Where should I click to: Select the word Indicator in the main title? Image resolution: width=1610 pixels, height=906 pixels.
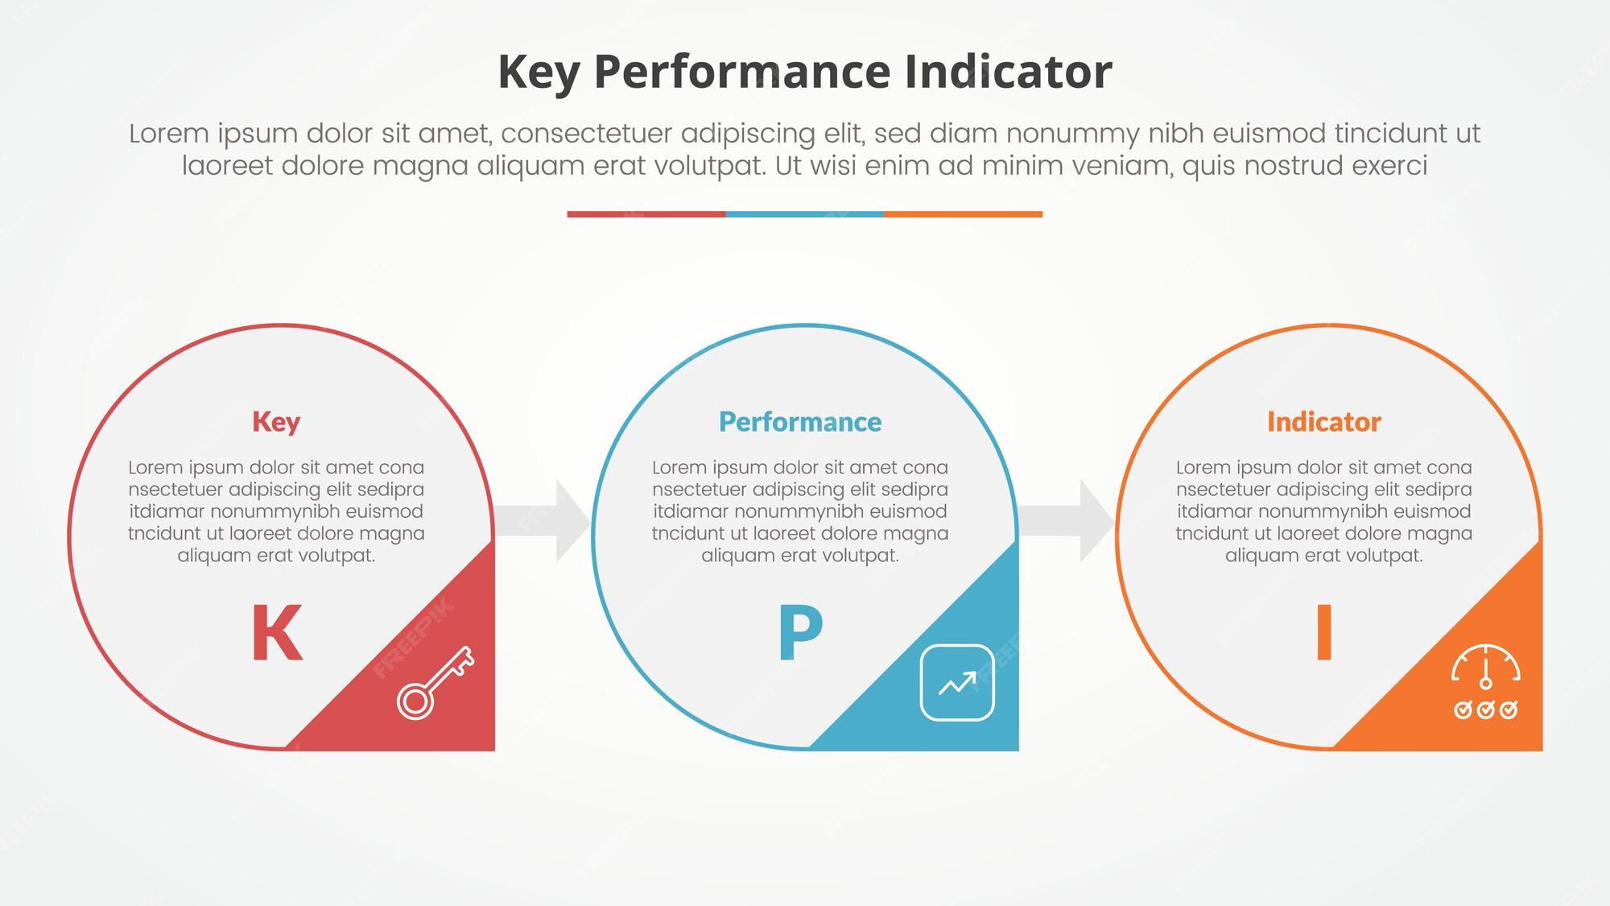[x=1009, y=72]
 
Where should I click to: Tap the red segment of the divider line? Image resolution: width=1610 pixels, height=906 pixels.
[x=646, y=214]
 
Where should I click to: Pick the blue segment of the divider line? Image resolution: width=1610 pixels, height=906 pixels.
[x=805, y=214]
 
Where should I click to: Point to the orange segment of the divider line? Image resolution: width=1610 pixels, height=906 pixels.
[x=964, y=214]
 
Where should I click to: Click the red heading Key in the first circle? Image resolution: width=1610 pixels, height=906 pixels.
[x=276, y=423]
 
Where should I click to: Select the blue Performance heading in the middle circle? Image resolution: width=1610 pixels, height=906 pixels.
[x=800, y=422]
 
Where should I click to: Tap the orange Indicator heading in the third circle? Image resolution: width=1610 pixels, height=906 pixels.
[x=1324, y=422]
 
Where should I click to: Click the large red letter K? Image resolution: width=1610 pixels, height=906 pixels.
[x=277, y=633]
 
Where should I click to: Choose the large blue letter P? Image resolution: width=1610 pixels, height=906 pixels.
[x=800, y=633]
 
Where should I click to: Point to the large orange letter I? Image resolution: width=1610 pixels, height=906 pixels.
[x=1324, y=633]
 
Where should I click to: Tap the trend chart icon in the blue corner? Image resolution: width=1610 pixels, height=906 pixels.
[x=957, y=683]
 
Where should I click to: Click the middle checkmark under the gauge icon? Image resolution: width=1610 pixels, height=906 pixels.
[x=1486, y=709]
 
